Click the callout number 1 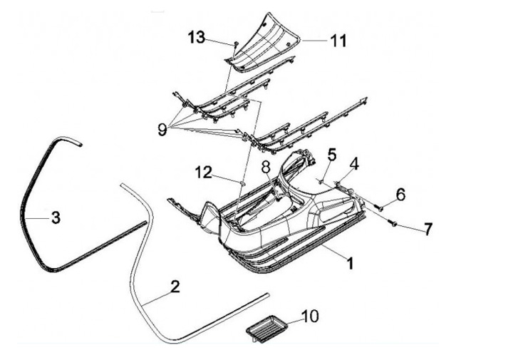350,263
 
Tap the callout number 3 55,217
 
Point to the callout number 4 354,163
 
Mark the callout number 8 265,168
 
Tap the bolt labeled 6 379,207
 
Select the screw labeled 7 393,225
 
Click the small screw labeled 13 234,45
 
